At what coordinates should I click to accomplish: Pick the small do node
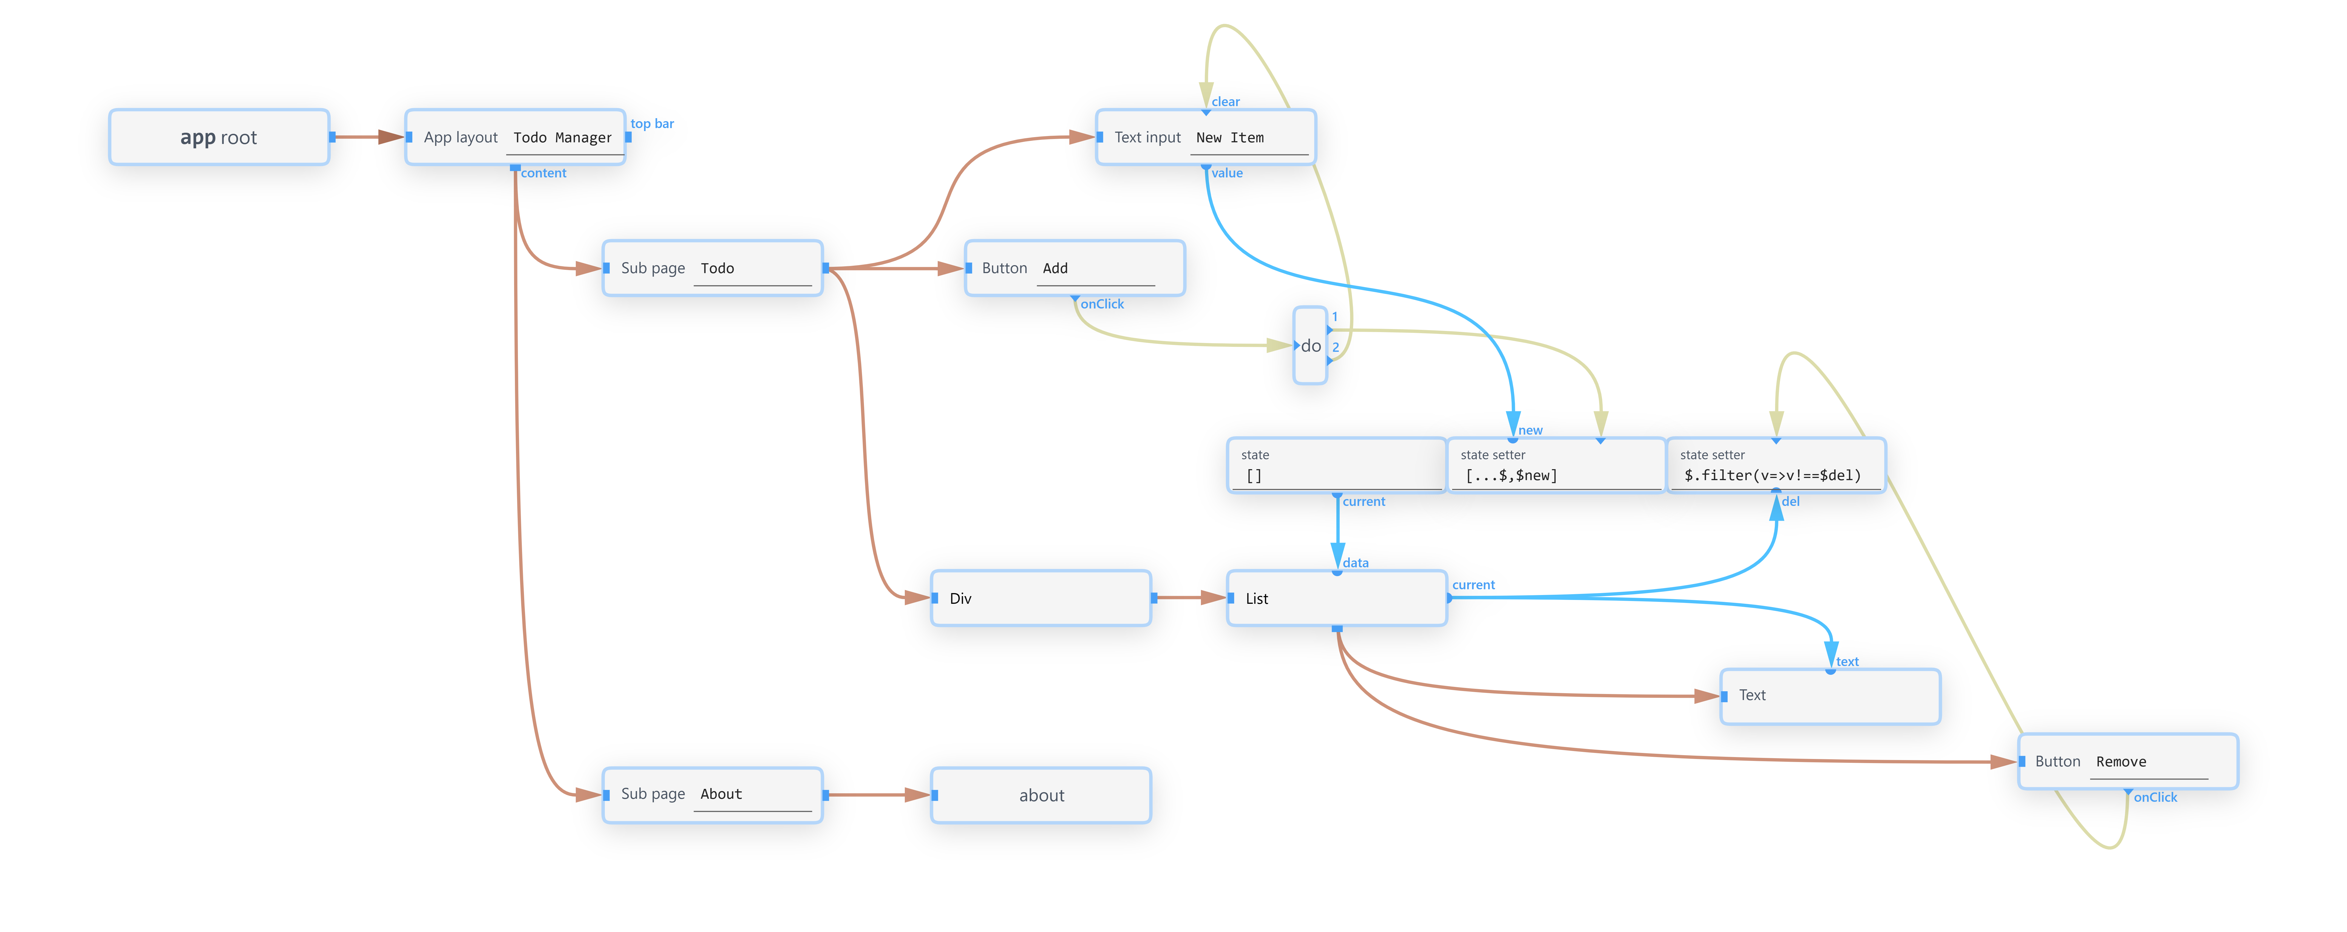pyautogui.click(x=1310, y=345)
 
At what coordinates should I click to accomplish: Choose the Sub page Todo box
pyautogui.click(x=713, y=268)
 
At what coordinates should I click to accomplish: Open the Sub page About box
pyautogui.click(x=713, y=794)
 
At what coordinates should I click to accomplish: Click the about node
pyautogui.click(x=1041, y=794)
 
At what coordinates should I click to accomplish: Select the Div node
pyautogui.click(x=1041, y=598)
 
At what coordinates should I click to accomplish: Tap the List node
pyautogui.click(x=1337, y=598)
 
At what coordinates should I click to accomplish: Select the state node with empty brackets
pyautogui.click(x=1337, y=466)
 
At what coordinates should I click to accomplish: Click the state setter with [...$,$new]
pyautogui.click(x=1556, y=466)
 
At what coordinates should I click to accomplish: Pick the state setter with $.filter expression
pyautogui.click(x=1776, y=466)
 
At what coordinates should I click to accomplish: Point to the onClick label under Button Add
pyautogui.click(x=1102, y=304)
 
